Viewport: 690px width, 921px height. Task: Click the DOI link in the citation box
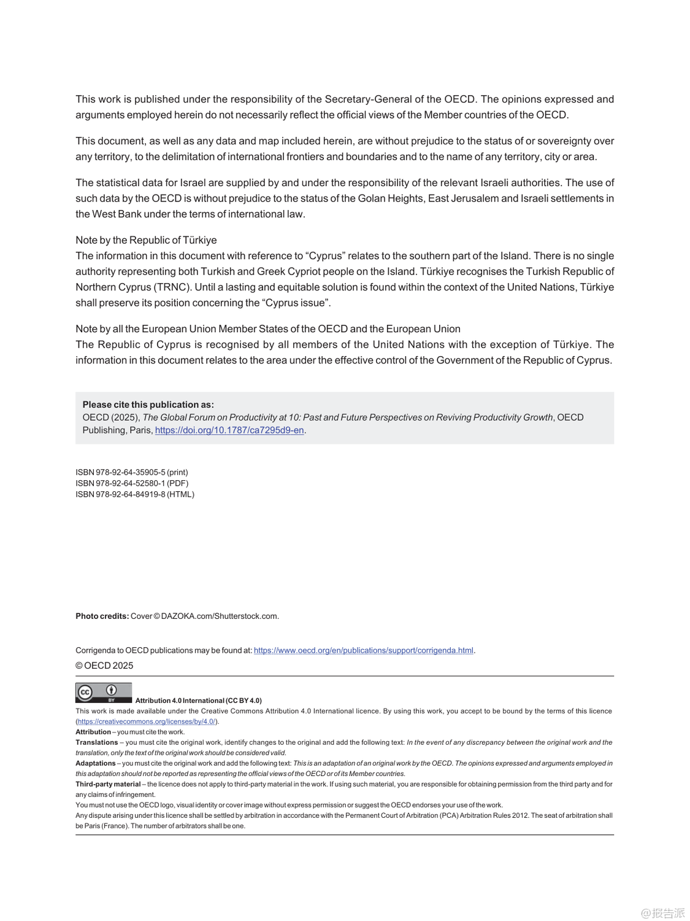point(229,430)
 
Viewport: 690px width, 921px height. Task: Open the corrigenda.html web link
point(364,650)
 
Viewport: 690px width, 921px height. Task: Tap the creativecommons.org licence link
point(146,721)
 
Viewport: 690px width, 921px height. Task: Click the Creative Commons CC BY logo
point(103,693)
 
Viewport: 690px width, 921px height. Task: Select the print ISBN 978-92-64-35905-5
point(131,472)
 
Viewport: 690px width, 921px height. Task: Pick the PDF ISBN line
point(131,483)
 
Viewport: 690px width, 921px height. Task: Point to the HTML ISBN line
point(134,494)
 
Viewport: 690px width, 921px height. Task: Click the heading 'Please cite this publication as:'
point(148,405)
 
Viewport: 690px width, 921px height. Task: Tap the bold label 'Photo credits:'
point(102,616)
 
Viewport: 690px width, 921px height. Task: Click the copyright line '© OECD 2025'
point(104,666)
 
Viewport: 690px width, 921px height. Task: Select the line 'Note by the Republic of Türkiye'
point(146,240)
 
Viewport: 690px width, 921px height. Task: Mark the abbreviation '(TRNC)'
point(172,287)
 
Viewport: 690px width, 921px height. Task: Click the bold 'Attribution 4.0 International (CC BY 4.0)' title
point(198,701)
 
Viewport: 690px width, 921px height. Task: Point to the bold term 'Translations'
point(96,742)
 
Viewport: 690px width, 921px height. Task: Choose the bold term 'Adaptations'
point(95,763)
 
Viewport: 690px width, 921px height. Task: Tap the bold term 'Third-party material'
point(108,784)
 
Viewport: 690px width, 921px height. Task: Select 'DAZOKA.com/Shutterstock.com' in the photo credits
point(220,616)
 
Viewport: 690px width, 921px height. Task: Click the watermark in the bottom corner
point(662,913)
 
